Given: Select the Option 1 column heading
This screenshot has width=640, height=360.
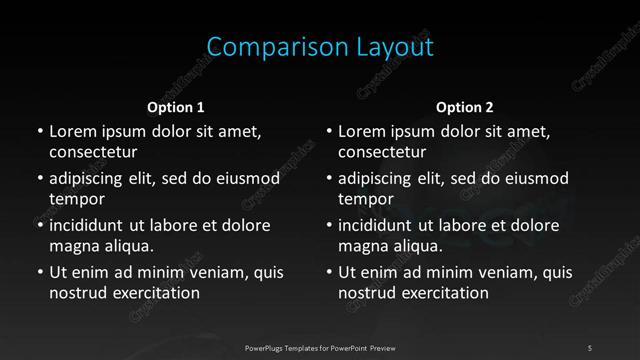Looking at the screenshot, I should tap(176, 107).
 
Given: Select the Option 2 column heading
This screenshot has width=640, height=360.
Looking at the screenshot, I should tap(465, 107).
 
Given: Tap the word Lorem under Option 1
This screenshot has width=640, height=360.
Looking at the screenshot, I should tap(73, 131).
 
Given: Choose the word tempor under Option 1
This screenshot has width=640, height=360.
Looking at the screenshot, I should tap(74, 200).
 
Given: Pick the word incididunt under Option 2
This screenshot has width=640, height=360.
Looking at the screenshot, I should tap(378, 225).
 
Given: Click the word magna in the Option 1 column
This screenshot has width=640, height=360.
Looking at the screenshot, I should tap(73, 246).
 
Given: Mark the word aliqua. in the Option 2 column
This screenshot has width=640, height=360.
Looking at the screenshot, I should tap(414, 246).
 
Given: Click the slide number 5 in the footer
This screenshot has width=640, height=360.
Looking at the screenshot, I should tap(590, 347).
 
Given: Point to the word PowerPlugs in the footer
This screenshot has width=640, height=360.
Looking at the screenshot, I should tap(265, 347).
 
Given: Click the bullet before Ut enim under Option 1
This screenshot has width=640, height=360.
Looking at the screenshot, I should tap(39, 272).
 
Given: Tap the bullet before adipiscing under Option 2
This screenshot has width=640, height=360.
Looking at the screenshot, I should tap(329, 179).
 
